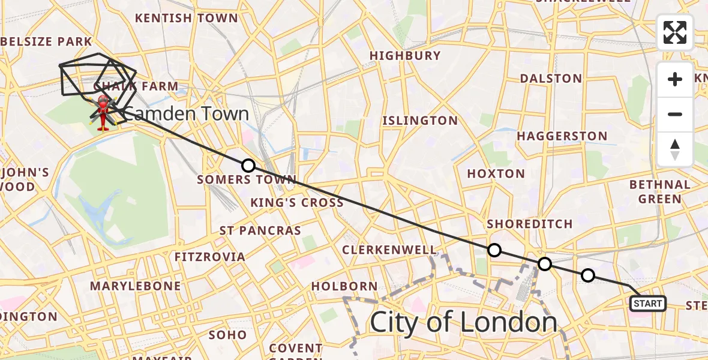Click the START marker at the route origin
click(647, 304)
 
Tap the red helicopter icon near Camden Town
click(103, 112)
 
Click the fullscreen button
click(675, 32)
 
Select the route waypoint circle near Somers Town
click(248, 166)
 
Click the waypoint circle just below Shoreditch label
click(494, 250)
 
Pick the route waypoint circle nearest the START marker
click(588, 275)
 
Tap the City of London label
click(463, 322)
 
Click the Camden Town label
click(186, 113)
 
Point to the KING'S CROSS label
click(297, 202)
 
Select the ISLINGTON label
click(420, 121)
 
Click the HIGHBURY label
click(405, 56)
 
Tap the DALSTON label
click(551, 79)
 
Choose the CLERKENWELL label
click(389, 250)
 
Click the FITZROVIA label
click(209, 257)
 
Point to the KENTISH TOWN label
click(187, 18)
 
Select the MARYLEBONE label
click(135, 286)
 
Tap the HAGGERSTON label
click(562, 136)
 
